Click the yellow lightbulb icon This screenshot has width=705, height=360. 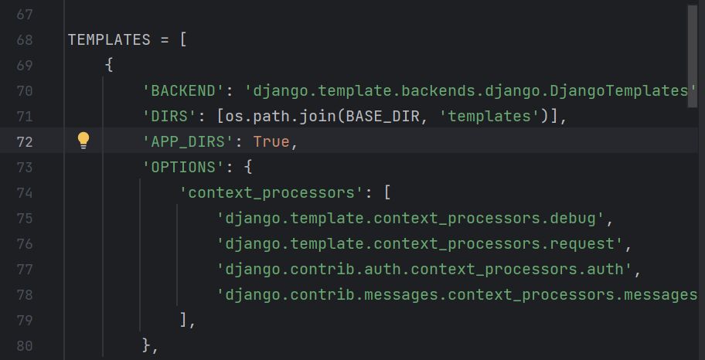tap(83, 141)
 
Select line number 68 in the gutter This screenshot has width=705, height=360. tap(24, 40)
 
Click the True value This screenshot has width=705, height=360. tap(271, 141)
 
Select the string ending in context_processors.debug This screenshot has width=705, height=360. tap(411, 218)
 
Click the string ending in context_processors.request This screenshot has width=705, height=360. tap(421, 243)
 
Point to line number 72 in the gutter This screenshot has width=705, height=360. tap(24, 141)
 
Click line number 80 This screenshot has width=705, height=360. tap(24, 345)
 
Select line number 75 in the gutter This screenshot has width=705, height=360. tap(24, 218)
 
